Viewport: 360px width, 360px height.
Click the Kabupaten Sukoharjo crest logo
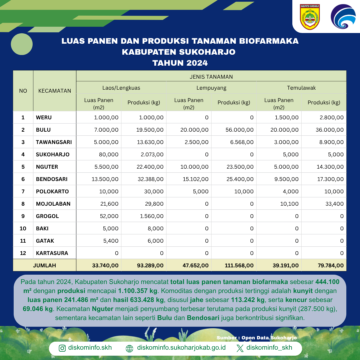click(310, 17)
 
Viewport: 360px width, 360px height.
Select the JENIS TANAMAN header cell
click(211, 77)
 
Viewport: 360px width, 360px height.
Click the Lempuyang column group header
click(211, 88)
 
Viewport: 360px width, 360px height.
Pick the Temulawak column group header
click(301, 88)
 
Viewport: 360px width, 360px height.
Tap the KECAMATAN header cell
click(55, 91)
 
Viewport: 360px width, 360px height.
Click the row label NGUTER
click(47, 167)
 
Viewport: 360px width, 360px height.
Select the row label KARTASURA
click(52, 253)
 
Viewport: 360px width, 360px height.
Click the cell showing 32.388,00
click(150, 179)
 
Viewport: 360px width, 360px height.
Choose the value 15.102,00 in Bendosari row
click(194, 179)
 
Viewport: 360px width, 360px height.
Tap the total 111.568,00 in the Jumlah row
click(238, 265)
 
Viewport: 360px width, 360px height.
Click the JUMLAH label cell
click(45, 265)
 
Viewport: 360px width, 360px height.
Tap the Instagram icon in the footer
click(62, 348)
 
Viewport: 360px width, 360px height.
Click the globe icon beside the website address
click(130, 348)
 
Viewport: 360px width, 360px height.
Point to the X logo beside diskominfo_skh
click(240, 348)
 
